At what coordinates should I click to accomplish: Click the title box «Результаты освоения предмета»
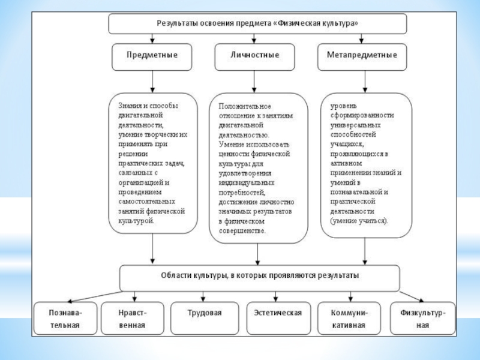click(x=257, y=24)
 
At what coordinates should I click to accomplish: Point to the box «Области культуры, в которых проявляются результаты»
click(x=260, y=277)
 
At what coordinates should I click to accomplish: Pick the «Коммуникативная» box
click(x=349, y=319)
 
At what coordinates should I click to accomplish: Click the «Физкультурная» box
click(x=422, y=319)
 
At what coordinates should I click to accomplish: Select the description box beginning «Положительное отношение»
click(x=258, y=168)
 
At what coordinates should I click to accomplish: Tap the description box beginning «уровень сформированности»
click(x=367, y=163)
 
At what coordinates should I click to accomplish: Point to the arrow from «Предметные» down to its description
click(x=152, y=81)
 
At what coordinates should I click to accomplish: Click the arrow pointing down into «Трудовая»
click(x=204, y=295)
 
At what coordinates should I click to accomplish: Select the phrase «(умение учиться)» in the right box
click(x=359, y=221)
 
